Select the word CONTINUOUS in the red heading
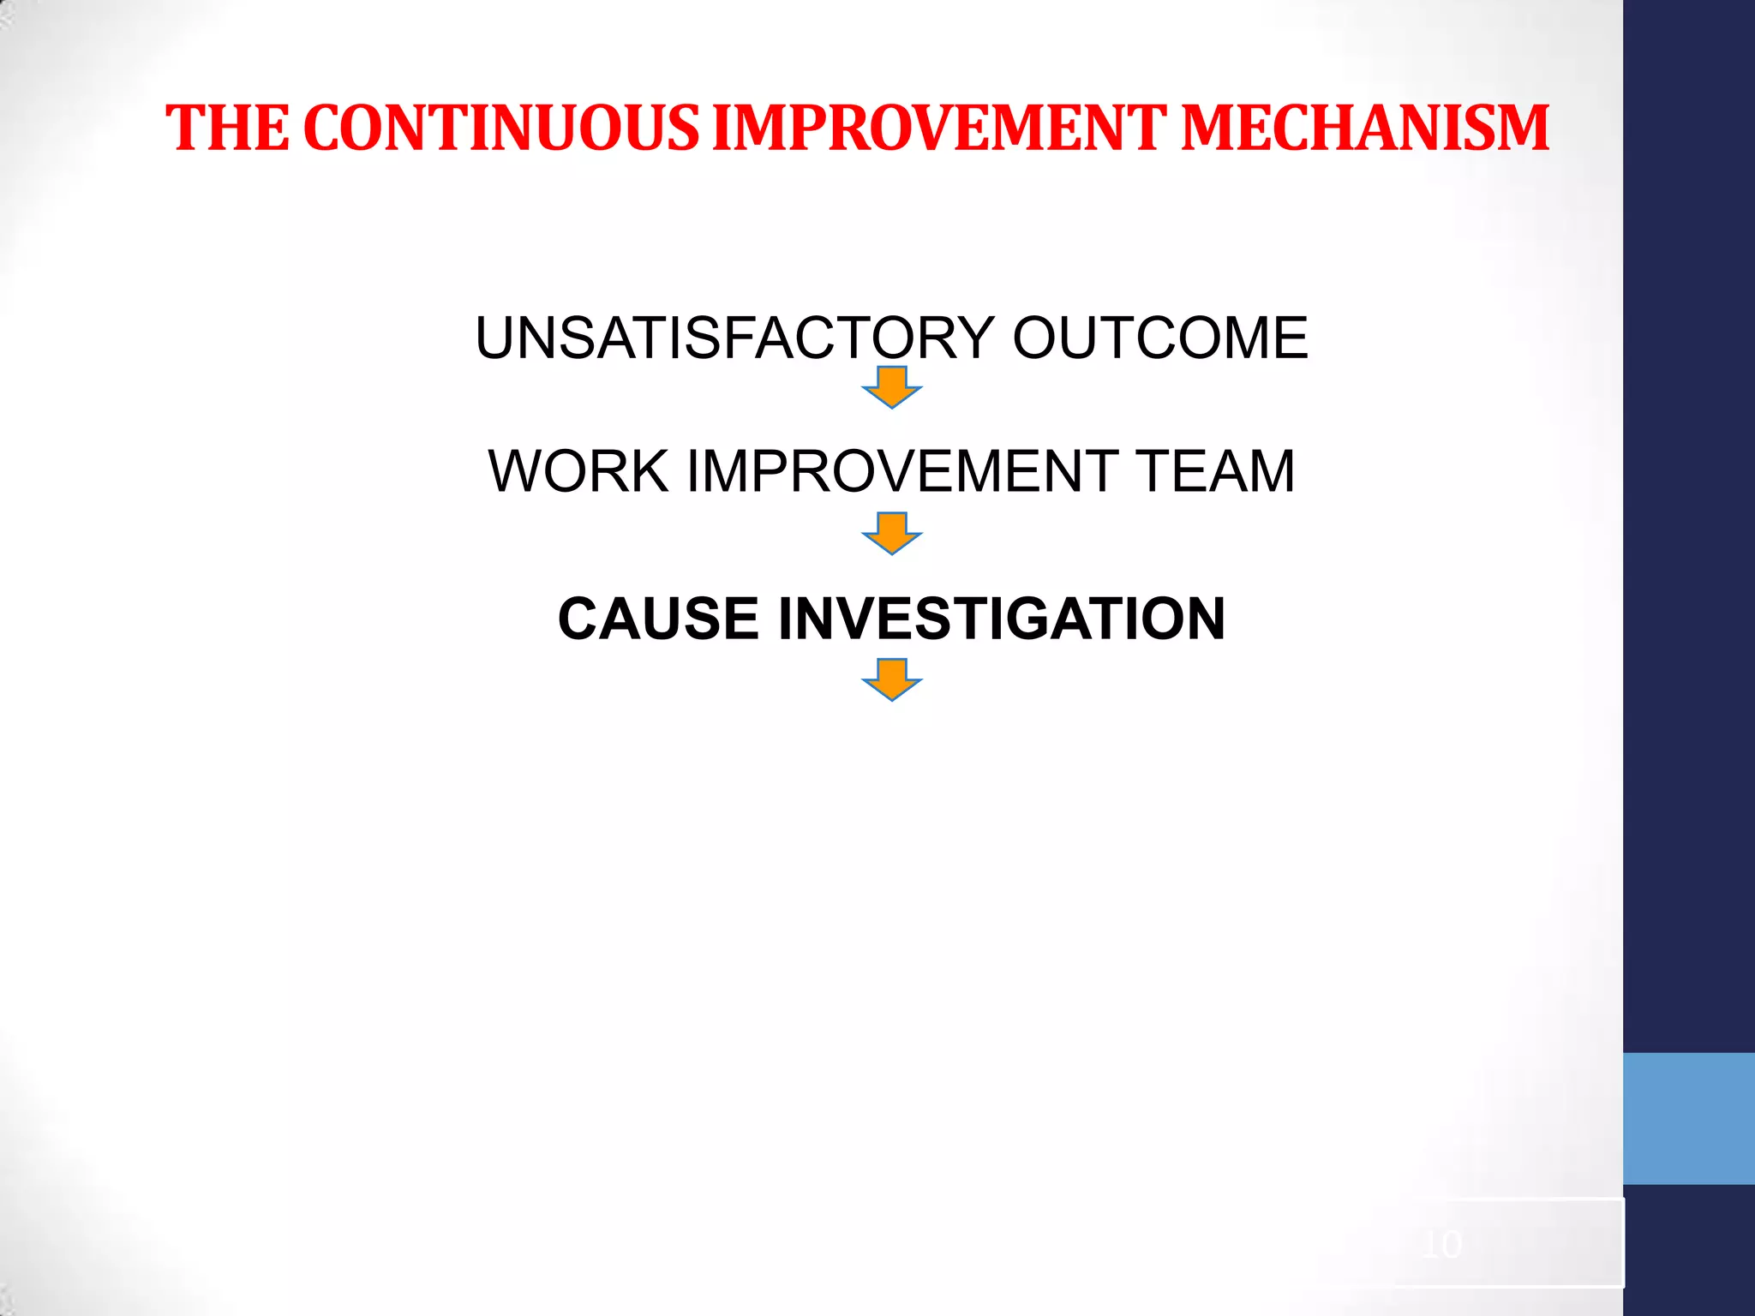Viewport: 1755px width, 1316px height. (x=501, y=129)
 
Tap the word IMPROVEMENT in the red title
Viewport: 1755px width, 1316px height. (x=939, y=129)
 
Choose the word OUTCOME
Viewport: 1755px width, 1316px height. (x=1160, y=338)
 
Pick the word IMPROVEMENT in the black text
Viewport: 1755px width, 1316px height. (x=903, y=471)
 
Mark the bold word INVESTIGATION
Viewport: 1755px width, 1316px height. (x=1002, y=619)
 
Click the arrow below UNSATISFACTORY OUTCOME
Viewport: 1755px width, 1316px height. (x=892, y=387)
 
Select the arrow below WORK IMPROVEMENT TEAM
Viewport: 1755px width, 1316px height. (x=892, y=534)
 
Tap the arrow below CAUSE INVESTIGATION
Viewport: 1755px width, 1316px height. (x=892, y=680)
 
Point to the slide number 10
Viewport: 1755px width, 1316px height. (x=1441, y=1244)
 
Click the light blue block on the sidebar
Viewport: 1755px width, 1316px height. (x=1689, y=1118)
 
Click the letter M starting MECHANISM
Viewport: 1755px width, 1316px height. (x=1211, y=129)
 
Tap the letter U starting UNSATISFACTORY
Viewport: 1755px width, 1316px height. (x=496, y=338)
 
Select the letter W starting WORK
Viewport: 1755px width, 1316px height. (x=516, y=471)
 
